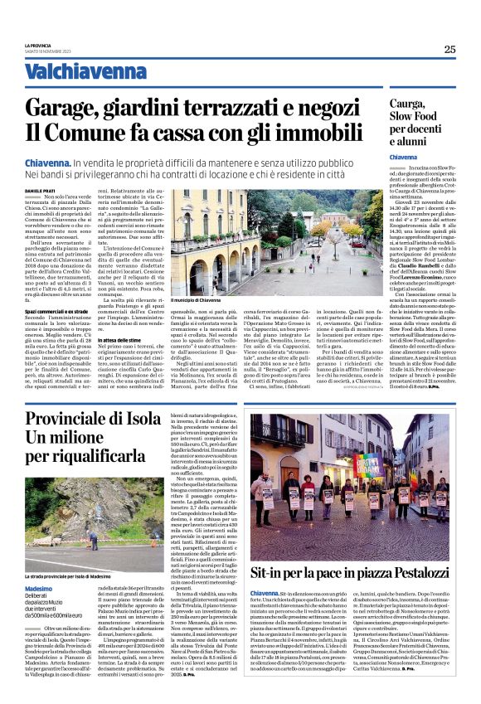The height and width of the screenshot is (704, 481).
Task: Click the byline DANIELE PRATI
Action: [63, 192]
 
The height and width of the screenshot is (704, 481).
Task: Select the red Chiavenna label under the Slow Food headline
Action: [427, 157]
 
